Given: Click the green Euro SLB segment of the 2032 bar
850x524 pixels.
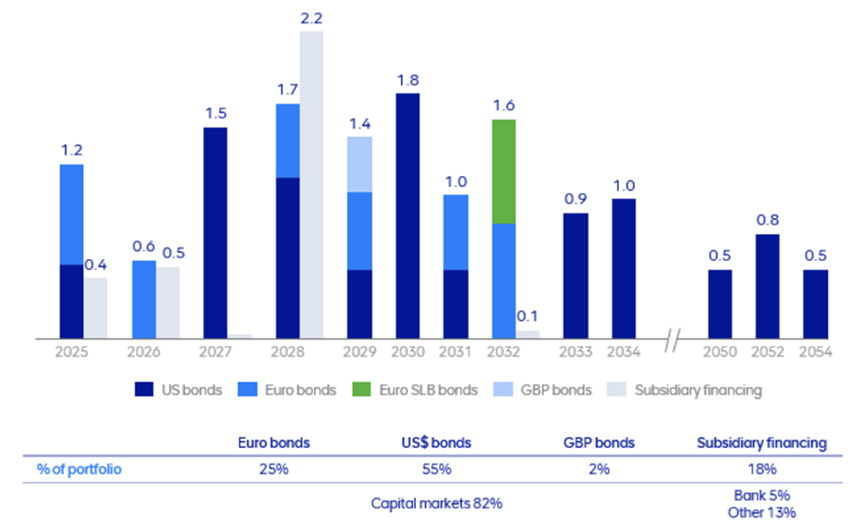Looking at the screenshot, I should [504, 172].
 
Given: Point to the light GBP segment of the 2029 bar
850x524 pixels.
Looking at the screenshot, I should [360, 164].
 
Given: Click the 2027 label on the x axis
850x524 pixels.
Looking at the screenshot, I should [215, 352].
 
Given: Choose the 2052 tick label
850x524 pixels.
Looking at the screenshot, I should [767, 352].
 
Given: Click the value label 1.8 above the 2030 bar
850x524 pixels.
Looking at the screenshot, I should [407, 79].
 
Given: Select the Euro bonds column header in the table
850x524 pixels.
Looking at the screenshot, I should [274, 443].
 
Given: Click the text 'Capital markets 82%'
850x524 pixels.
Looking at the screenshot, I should [436, 503].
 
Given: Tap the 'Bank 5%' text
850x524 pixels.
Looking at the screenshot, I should [761, 495].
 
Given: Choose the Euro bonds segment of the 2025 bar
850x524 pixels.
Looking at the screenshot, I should [71, 214].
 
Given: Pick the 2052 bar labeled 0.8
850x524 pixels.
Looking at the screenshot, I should [767, 286].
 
